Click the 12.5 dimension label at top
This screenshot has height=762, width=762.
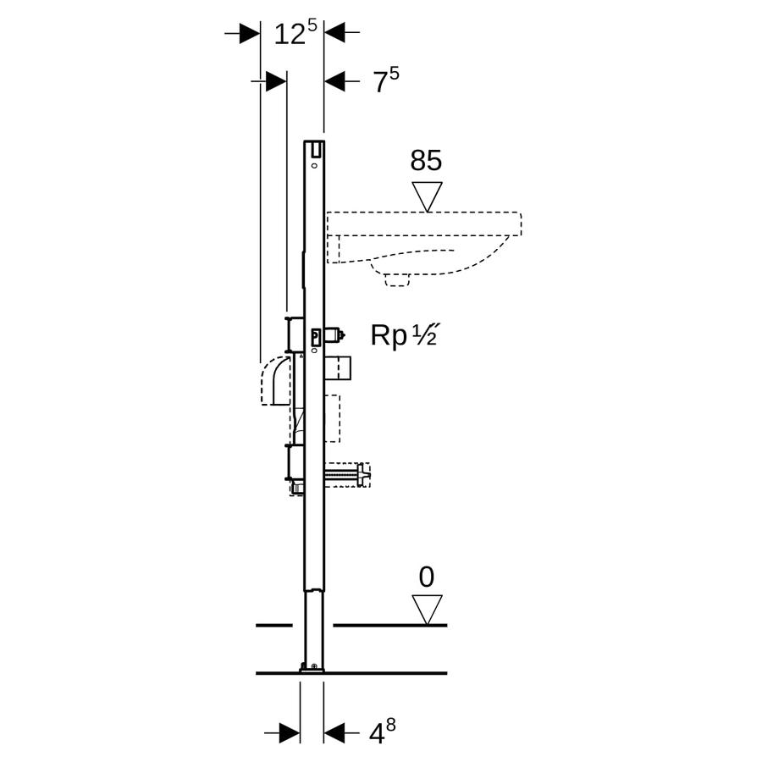point(295,33)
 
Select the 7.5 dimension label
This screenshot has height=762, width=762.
point(386,80)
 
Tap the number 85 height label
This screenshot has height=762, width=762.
point(426,160)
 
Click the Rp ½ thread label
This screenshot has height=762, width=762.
point(405,334)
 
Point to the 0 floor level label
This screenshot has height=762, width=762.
point(426,577)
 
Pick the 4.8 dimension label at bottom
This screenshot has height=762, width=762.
point(383,733)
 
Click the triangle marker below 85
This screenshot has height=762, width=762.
point(428,196)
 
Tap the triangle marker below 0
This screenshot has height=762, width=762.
point(428,610)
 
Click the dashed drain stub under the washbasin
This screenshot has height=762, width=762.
point(397,280)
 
